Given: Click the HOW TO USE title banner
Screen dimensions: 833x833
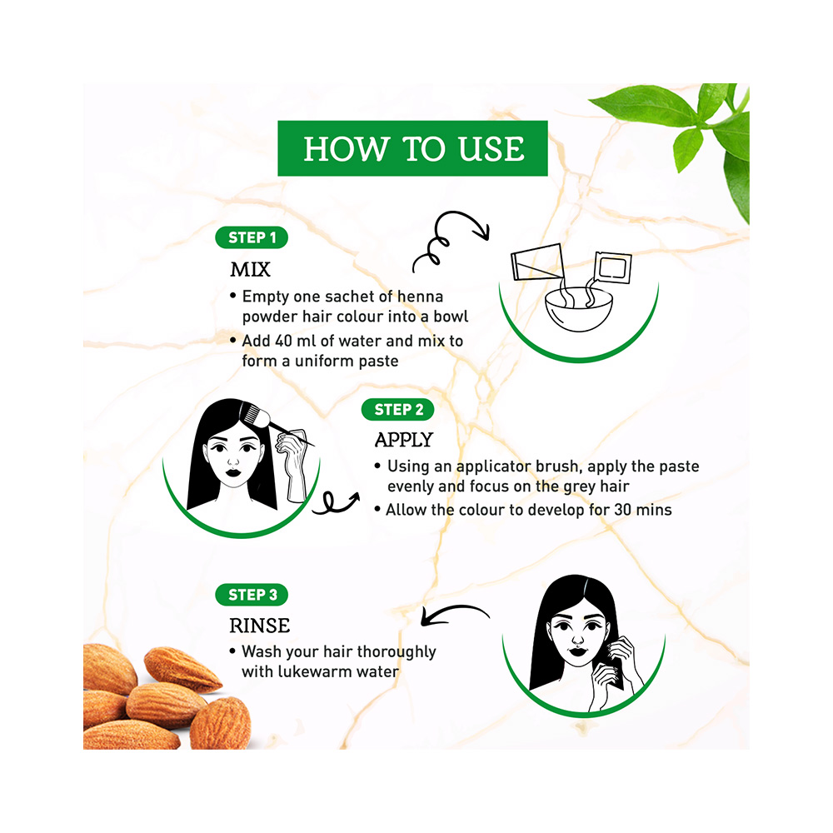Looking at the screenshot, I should click(x=413, y=148).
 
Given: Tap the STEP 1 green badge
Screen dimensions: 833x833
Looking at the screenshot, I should click(x=252, y=237).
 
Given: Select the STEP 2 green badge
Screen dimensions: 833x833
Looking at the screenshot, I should click(x=398, y=409).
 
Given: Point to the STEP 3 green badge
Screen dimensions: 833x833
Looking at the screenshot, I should click(x=252, y=594).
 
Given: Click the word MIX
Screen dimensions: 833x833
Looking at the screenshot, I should click(x=250, y=271).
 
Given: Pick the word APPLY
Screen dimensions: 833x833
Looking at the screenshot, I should click(x=404, y=440).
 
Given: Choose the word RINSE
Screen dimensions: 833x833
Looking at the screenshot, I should click(x=260, y=625).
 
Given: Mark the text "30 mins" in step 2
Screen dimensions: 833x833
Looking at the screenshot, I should click(x=636, y=509).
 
